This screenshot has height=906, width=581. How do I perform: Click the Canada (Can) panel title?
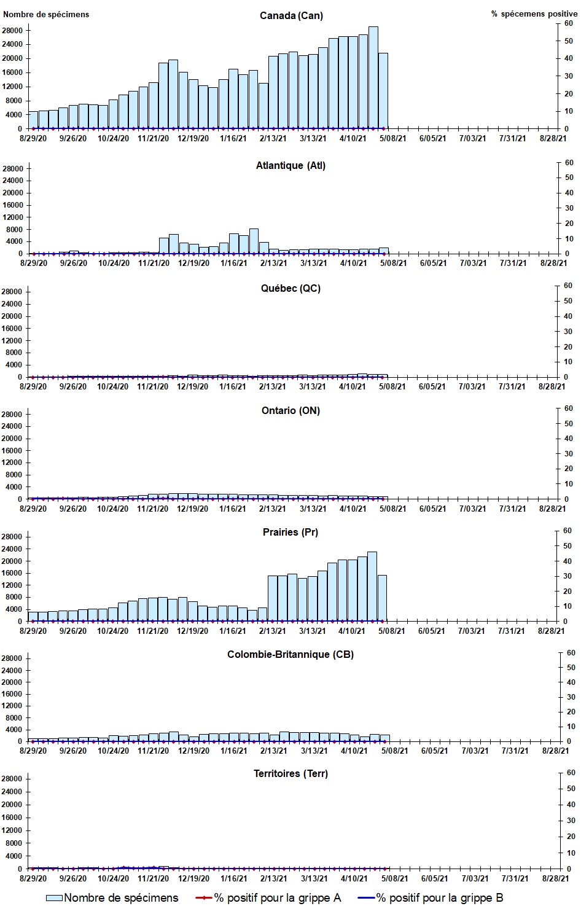tap(291, 15)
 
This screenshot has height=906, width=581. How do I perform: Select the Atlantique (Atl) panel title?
tap(290, 165)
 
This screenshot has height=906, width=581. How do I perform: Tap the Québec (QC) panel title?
tap(290, 288)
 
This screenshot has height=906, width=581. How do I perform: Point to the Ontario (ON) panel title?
tap(290, 410)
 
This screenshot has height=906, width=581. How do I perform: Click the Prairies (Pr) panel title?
tap(290, 532)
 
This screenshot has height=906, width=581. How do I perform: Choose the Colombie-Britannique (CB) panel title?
tap(290, 654)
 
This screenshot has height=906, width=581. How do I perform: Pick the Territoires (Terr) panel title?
tap(290, 773)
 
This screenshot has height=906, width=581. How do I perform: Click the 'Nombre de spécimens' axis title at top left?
tap(46, 14)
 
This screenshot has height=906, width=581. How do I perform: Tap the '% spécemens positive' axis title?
tap(534, 14)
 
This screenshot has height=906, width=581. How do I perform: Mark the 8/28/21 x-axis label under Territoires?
tap(552, 879)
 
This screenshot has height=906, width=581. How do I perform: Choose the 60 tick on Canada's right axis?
tap(569, 24)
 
